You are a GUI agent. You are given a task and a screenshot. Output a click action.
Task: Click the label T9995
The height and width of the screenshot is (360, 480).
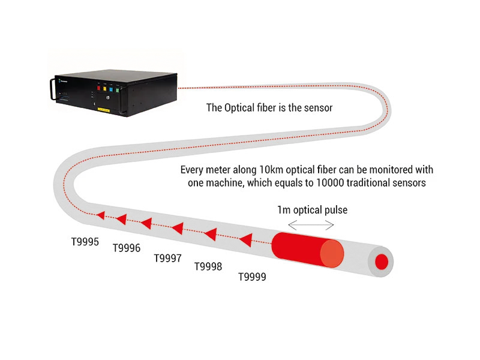pyautogui.click(x=84, y=242)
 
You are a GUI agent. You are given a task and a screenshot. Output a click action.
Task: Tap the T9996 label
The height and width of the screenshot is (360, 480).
pyautogui.click(x=127, y=248)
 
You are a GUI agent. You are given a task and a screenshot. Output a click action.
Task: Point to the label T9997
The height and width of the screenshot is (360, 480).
pyautogui.click(x=168, y=258)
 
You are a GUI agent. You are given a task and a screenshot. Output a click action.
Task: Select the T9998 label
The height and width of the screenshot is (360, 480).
pyautogui.click(x=208, y=266)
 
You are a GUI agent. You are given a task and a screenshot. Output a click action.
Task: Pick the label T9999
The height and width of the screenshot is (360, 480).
pyautogui.click(x=252, y=277)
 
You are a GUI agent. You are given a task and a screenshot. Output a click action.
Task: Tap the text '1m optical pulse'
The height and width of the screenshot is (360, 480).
pyautogui.click(x=313, y=211)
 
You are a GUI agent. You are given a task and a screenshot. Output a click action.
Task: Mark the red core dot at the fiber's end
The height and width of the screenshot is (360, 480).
pyautogui.click(x=382, y=261)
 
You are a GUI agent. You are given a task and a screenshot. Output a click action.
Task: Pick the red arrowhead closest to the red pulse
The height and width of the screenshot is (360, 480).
pyautogui.click(x=245, y=241)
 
